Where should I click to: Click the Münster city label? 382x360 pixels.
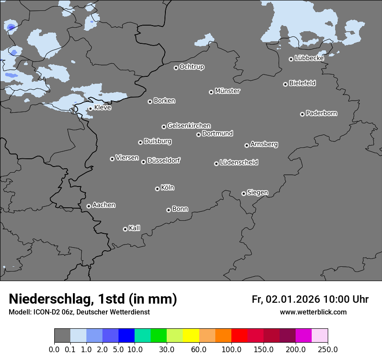(x=227, y=91)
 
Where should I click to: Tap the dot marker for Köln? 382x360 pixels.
(x=157, y=189)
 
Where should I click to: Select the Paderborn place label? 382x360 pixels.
(x=322, y=113)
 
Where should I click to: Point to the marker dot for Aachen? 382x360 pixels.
(x=89, y=206)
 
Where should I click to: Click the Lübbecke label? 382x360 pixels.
(x=309, y=58)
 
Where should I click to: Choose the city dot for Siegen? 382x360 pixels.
(x=244, y=193)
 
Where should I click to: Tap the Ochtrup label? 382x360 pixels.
(x=192, y=67)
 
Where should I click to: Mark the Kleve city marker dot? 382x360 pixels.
(x=90, y=108)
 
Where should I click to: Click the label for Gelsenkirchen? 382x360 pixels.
(x=189, y=126)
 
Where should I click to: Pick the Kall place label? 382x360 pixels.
(x=135, y=228)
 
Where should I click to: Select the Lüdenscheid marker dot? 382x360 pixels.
(x=216, y=164)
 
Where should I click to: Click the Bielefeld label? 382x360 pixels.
(x=302, y=83)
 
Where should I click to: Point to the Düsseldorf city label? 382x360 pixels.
(x=164, y=160)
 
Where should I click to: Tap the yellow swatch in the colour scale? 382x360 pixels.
(x=191, y=336)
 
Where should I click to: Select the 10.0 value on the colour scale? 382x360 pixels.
(x=135, y=350)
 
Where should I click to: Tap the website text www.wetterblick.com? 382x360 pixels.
(x=313, y=312)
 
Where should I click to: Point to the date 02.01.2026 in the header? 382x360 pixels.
(x=293, y=299)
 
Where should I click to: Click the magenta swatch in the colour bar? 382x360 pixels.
(x=303, y=336)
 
